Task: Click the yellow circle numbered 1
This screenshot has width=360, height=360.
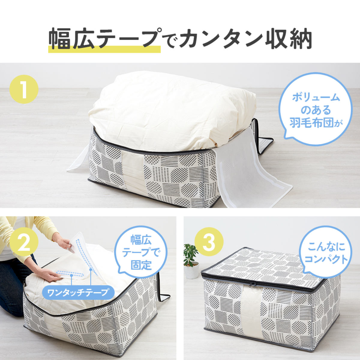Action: click(24, 89)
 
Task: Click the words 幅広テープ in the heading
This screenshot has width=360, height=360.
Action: click(103, 39)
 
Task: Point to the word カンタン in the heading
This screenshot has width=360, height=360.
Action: click(219, 39)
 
